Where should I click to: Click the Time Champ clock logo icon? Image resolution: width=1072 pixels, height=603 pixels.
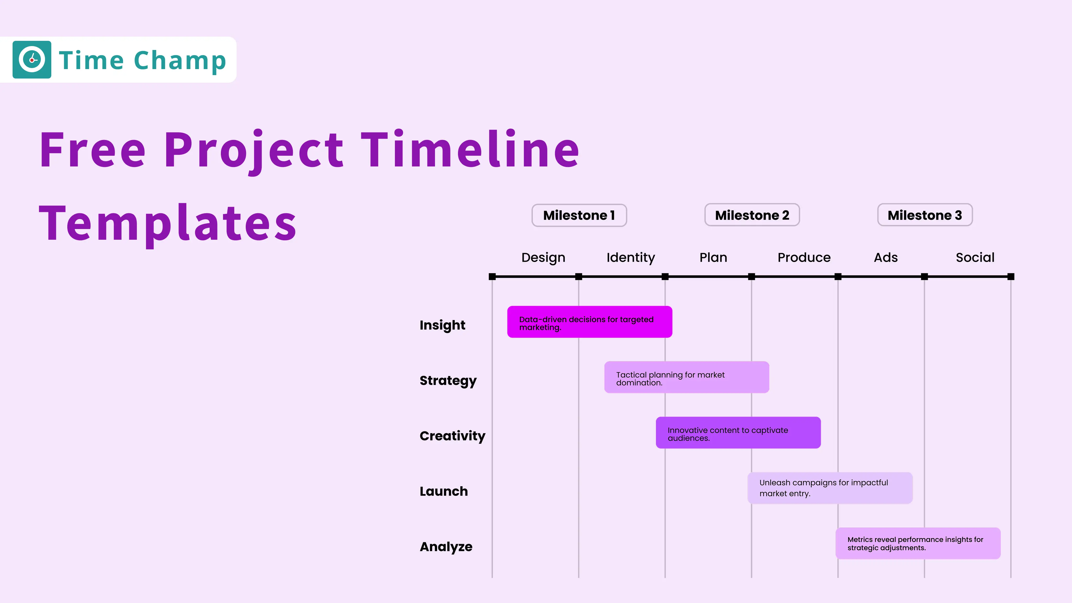click(x=32, y=59)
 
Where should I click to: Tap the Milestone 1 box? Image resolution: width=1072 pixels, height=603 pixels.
click(x=579, y=215)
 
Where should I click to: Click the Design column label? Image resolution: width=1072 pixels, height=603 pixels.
click(x=543, y=258)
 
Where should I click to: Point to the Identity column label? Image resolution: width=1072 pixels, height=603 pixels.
click(x=630, y=258)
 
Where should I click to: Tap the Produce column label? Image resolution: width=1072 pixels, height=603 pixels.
click(x=803, y=258)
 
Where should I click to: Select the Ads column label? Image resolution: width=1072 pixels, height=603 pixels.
click(x=886, y=258)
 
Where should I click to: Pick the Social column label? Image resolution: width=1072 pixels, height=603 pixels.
click(x=975, y=258)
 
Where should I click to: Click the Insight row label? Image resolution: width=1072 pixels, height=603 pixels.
click(x=442, y=325)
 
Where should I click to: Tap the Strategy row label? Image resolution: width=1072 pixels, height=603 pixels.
click(x=448, y=380)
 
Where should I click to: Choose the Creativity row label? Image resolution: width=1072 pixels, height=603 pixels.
click(x=452, y=436)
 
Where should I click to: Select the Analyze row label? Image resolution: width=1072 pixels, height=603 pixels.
click(x=446, y=546)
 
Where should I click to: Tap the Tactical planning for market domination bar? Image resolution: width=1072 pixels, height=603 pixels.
click(x=686, y=377)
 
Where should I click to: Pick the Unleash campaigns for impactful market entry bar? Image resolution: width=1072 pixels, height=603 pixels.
click(x=830, y=488)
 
